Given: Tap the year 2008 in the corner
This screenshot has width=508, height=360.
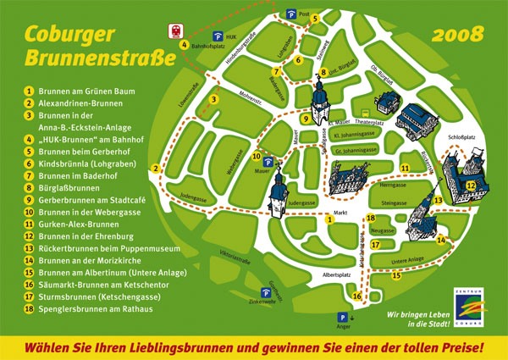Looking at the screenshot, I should pyautogui.click(x=457, y=36).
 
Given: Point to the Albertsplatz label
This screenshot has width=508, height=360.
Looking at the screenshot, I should pyautogui.click(x=337, y=275).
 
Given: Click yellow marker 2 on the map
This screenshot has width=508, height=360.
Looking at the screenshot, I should pyautogui.click(x=156, y=168).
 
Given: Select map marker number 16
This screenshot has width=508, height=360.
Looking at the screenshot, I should pyautogui.click(x=356, y=296).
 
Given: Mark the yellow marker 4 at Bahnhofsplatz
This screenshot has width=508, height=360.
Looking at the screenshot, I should pyautogui.click(x=184, y=43).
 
